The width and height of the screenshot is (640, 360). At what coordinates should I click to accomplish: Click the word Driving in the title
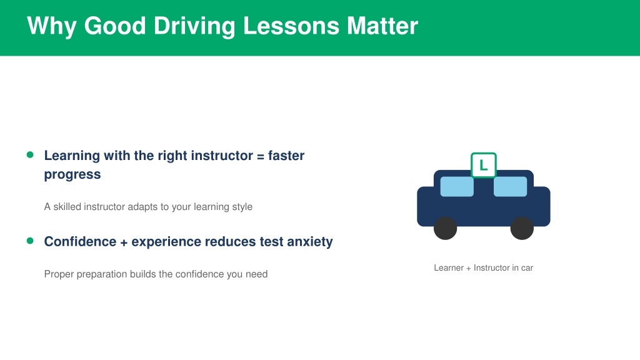coord(194,26)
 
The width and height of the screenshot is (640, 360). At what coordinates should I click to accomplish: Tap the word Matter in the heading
coord(382,26)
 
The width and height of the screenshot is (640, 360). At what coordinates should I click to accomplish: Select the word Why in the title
coord(52,26)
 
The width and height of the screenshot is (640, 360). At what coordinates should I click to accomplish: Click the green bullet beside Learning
coord(30,155)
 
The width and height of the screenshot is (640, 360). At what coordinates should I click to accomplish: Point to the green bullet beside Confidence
coord(30,241)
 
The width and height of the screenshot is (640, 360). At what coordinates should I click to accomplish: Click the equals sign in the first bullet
coord(261,156)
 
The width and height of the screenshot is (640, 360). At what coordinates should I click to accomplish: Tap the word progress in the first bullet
coord(72,175)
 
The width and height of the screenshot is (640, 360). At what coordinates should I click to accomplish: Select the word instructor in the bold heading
coord(222,156)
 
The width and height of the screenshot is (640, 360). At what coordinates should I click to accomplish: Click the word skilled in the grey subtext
coord(67,206)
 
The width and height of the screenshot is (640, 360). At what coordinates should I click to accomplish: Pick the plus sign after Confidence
coord(124,242)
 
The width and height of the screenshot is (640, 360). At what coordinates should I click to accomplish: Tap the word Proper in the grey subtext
coord(59,274)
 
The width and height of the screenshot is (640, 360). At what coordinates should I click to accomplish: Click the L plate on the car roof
coord(484,165)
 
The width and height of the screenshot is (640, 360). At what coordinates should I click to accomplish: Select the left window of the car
coord(457,186)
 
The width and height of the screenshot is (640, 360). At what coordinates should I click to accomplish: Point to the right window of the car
coord(510,186)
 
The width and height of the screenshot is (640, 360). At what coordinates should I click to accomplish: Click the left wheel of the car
coord(445,228)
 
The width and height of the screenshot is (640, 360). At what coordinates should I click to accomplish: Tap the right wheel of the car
coord(522,228)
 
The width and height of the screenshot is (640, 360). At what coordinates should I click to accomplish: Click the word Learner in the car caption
coord(449,267)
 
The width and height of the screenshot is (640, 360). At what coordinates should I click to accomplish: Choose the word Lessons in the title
coord(291,26)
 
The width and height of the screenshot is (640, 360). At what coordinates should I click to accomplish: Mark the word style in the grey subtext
coord(242,207)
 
